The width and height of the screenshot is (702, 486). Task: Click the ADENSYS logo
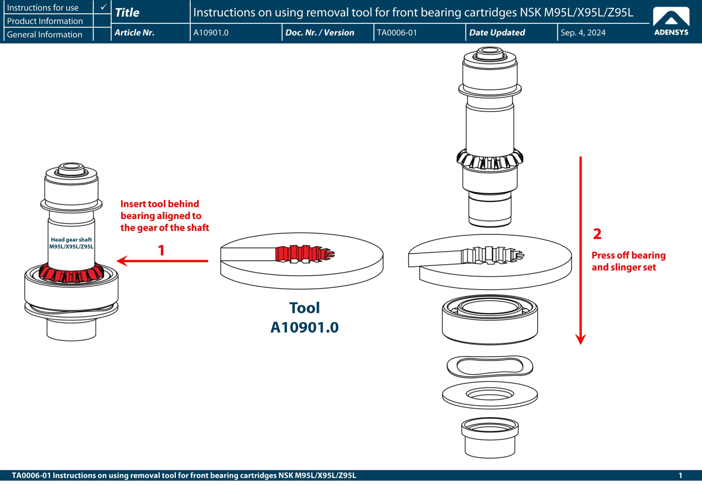click(671, 21)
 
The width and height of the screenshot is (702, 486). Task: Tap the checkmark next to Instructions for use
click(103, 7)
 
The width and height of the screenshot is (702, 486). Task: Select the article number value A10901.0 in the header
click(211, 33)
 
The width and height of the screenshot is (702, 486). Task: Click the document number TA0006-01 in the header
click(397, 33)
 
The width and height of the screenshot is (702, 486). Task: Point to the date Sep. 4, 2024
click(583, 33)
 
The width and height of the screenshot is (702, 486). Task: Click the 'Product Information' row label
click(45, 21)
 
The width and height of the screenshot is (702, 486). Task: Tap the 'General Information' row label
click(44, 34)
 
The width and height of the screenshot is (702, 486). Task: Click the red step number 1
click(161, 250)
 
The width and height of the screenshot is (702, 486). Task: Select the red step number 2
click(597, 234)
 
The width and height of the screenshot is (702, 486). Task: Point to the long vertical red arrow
click(581, 250)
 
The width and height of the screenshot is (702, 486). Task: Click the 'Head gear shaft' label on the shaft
click(71, 243)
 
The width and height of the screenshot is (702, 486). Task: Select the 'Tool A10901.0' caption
click(304, 318)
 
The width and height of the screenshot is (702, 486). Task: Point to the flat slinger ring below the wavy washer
click(489, 395)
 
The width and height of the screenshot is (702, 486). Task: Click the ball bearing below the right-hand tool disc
click(489, 320)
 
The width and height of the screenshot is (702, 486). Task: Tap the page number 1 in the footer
click(680, 475)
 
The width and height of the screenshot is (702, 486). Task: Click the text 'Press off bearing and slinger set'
click(628, 261)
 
